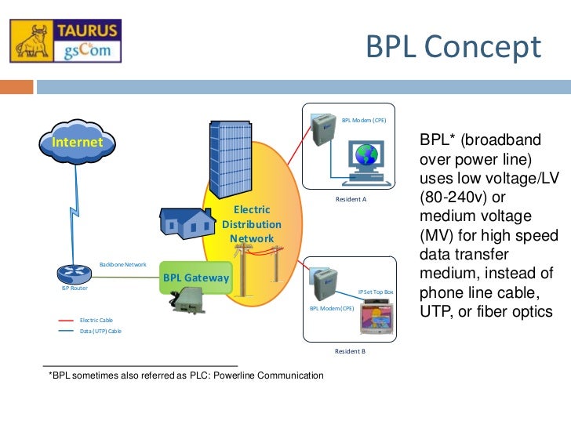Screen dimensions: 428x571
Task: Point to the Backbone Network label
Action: click(123, 265)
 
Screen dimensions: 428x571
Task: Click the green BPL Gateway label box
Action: click(196, 277)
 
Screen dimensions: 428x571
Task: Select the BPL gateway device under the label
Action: click(192, 302)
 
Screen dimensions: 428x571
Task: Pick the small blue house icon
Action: click(187, 222)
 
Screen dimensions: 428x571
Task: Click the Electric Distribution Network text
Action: click(251, 224)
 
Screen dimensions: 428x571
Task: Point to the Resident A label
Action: click(351, 200)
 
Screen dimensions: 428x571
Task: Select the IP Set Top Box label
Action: click(376, 292)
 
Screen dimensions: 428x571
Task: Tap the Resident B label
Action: click(350, 351)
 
